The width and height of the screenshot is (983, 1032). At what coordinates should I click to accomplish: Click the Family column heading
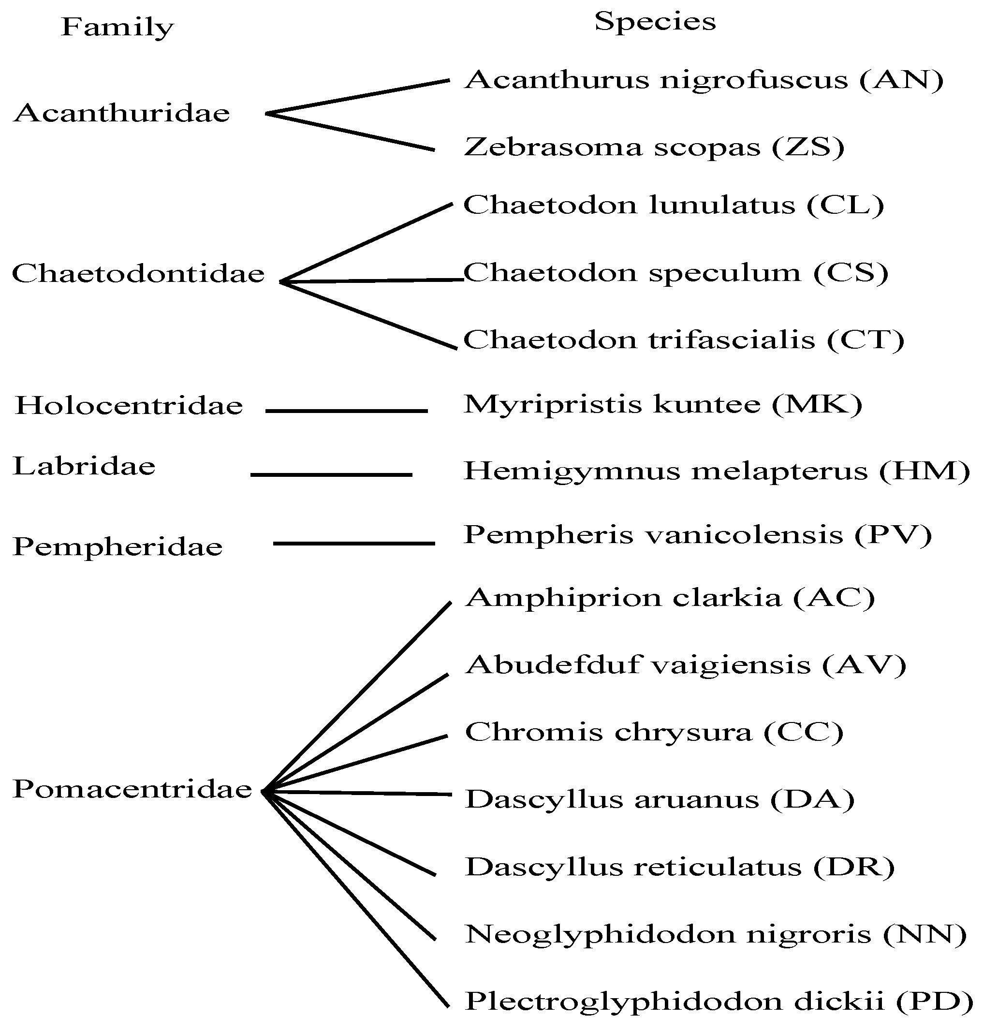[117, 27]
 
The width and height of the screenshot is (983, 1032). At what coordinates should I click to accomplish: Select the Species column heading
[655, 22]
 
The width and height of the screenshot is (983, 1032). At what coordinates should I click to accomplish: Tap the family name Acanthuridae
[121, 113]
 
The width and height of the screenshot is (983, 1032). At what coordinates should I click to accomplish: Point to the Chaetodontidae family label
[138, 274]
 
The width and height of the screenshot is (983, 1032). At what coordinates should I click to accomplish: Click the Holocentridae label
[129, 406]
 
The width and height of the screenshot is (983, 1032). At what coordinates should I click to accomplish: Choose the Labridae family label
[84, 467]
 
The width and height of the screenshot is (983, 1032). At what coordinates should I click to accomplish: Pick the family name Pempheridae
[118, 547]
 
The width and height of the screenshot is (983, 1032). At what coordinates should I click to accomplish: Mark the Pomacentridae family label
[132, 789]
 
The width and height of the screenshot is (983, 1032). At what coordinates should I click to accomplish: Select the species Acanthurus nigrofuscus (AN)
[704, 80]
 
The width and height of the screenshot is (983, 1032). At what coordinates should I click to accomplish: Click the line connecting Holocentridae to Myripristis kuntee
[346, 411]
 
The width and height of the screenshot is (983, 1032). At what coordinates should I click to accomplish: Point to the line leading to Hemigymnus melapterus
[331, 475]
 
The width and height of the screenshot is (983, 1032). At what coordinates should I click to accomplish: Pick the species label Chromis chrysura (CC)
[654, 732]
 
